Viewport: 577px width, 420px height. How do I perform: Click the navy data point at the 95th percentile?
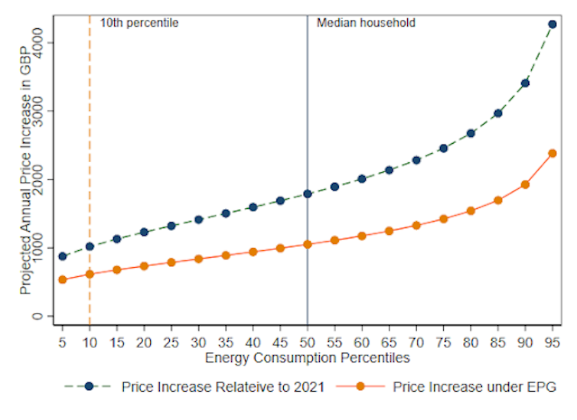click(x=552, y=24)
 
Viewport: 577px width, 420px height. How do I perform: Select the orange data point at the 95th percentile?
click(x=552, y=153)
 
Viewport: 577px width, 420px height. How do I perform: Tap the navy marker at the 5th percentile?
click(x=63, y=256)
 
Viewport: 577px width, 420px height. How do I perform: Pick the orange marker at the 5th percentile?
click(x=63, y=280)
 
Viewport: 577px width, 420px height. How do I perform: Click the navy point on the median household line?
click(x=308, y=194)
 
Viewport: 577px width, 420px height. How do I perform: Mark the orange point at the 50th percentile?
click(x=308, y=245)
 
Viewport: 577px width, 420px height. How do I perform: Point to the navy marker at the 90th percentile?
click(x=525, y=83)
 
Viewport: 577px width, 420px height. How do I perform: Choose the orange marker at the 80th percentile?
click(x=471, y=210)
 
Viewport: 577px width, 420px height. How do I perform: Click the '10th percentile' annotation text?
click(x=139, y=23)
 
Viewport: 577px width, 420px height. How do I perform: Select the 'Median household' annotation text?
click(x=366, y=23)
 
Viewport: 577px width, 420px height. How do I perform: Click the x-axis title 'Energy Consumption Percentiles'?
click(x=308, y=357)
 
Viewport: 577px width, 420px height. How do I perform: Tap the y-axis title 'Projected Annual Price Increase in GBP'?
click(x=25, y=168)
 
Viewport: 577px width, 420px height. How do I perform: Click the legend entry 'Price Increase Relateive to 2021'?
click(x=223, y=386)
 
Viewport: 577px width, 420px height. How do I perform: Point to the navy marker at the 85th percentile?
click(x=497, y=113)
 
